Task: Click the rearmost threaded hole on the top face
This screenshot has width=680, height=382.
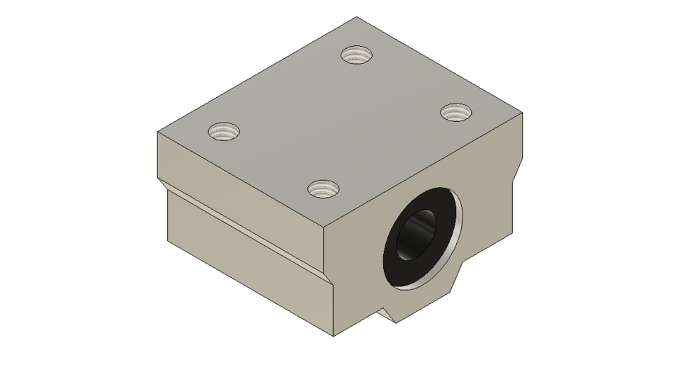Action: [356, 54]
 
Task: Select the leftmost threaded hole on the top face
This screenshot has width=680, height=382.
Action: [224, 131]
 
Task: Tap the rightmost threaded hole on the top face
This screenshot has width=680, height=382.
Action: [456, 111]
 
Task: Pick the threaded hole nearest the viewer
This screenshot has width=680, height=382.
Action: [323, 189]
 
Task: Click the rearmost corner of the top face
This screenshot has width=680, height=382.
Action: [356, 17]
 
